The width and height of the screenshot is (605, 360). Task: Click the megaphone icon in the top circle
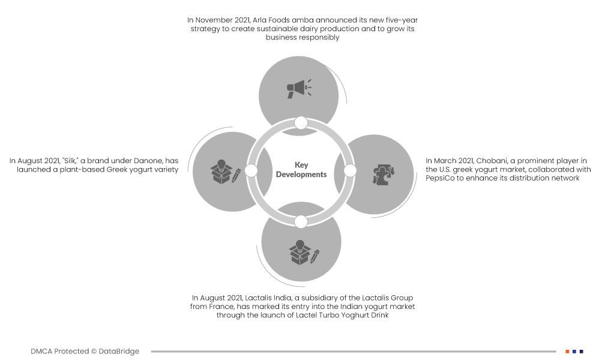(299, 89)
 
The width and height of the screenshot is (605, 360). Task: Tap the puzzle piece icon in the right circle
(384, 175)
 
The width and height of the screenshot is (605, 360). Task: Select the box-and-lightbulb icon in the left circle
(225, 172)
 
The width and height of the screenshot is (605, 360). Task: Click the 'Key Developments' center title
(301, 170)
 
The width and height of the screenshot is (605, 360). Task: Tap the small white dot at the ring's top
(301, 123)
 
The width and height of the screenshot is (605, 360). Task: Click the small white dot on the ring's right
(350, 170)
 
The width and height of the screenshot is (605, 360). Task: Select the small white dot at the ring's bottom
(301, 222)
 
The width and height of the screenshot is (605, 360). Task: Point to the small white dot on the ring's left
(251, 170)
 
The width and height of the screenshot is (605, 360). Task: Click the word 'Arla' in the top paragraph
(260, 20)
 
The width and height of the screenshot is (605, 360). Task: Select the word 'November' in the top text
(214, 20)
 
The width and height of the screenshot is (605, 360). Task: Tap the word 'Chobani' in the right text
(492, 161)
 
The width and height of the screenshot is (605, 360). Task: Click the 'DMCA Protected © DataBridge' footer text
(85, 351)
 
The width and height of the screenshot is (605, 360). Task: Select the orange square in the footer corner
(567, 352)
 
